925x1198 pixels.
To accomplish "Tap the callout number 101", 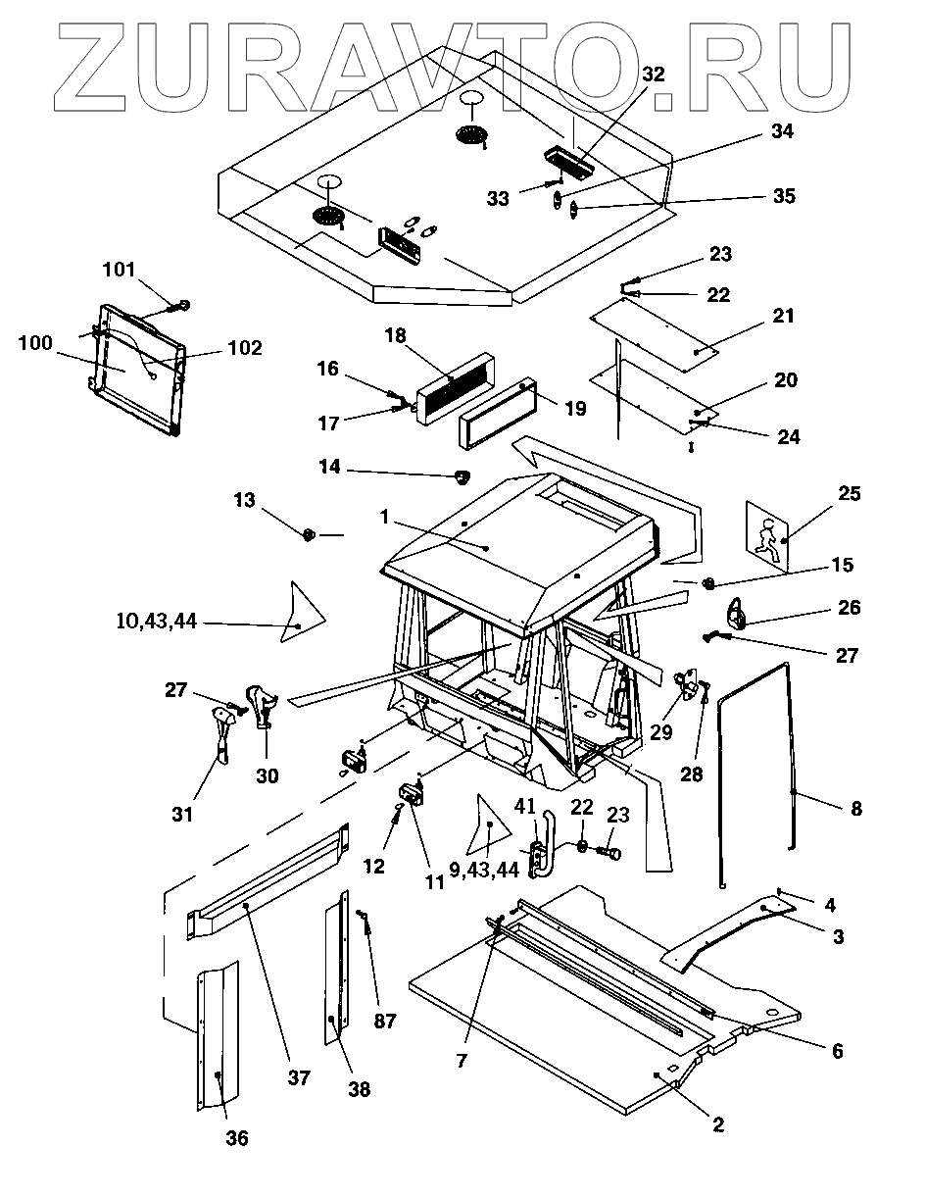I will (121, 271).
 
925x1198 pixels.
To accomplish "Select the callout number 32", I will (653, 74).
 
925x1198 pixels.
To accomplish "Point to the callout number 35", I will (783, 196).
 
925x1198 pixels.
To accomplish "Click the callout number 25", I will (849, 493).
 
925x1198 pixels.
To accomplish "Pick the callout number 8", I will (856, 809).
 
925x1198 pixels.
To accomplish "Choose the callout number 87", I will (385, 1021).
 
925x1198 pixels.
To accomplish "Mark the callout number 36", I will (236, 1138).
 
